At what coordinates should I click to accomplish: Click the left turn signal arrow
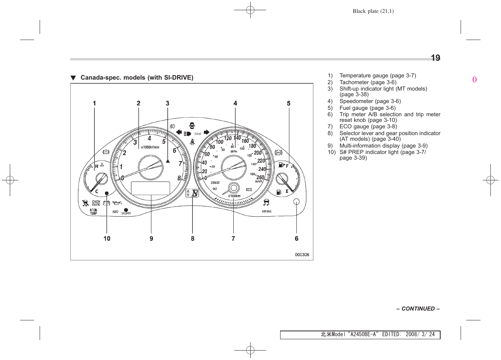coord(179,132)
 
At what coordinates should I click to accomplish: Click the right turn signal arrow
coord(206,132)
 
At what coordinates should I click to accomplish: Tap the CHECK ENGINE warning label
coord(96,203)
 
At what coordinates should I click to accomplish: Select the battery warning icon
coord(106,203)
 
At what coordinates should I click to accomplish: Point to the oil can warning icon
coord(117,203)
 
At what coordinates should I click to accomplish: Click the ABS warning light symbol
coord(278,152)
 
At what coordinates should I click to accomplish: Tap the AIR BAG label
coord(267,211)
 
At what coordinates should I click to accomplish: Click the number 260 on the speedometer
coord(261,177)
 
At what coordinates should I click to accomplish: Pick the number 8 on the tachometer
coord(179,178)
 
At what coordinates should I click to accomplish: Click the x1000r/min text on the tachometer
coord(150,147)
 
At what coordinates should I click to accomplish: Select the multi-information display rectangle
coord(150,188)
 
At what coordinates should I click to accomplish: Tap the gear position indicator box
coord(192,193)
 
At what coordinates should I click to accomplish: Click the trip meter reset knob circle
coord(296,202)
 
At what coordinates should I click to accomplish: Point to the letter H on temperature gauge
coord(97,166)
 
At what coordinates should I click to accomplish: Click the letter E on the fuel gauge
coord(287,191)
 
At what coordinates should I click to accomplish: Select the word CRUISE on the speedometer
coord(215,183)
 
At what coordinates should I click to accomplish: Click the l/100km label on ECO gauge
coord(234,196)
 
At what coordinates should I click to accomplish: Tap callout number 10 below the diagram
coord(107,238)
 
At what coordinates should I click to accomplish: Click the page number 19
coord(435,58)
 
